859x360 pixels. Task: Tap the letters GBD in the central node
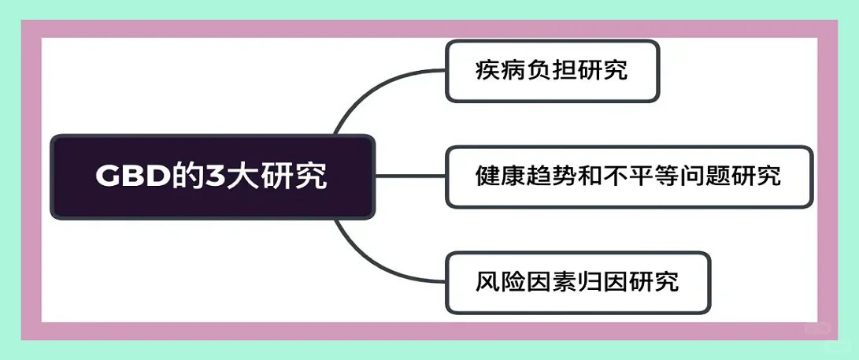pos(127,176)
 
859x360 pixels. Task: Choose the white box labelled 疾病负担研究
pos(552,71)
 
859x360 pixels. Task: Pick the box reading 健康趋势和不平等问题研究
pos(628,176)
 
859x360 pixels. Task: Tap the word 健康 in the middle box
pos(494,176)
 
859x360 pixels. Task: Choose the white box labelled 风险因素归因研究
pos(578,281)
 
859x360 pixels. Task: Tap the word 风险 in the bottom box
pos(494,281)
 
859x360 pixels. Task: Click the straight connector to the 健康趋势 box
pos(409,176)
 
